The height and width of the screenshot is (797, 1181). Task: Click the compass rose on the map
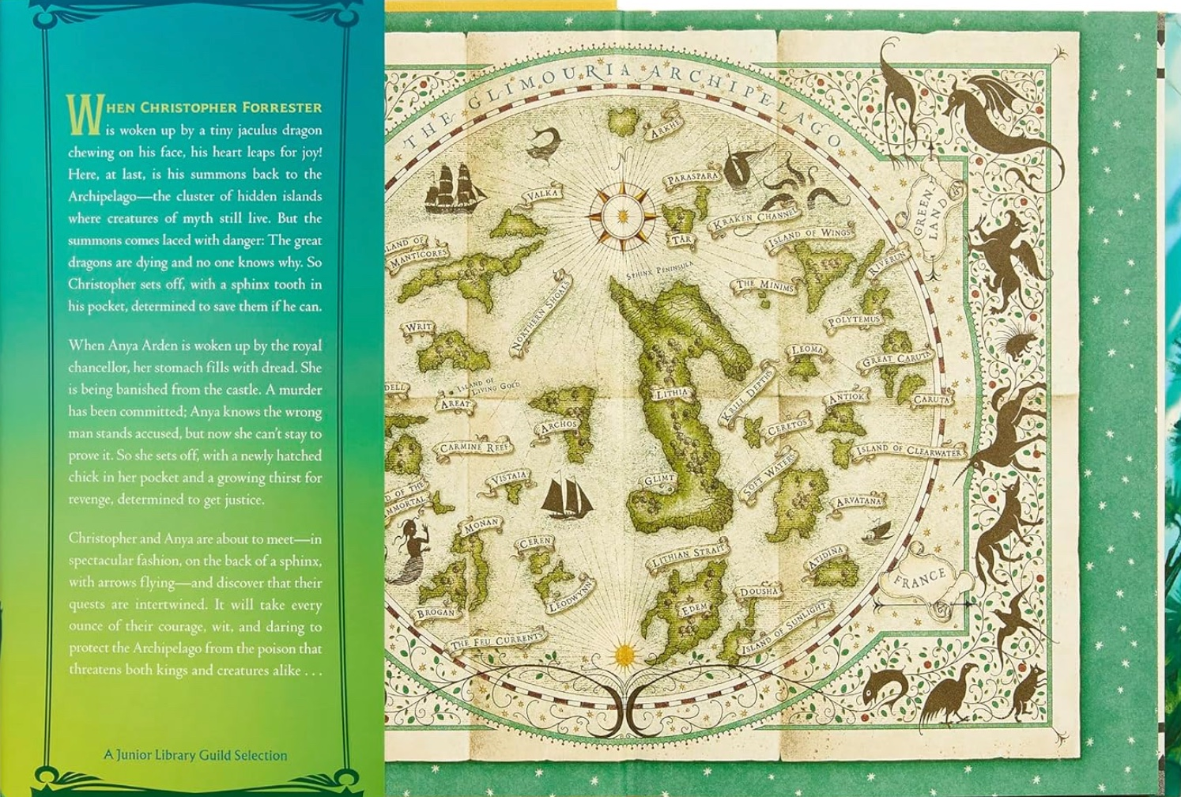point(623,214)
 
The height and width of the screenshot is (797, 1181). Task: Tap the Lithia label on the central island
point(672,392)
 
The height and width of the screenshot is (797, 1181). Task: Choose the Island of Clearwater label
point(909,451)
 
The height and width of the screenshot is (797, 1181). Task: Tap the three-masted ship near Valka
point(454,188)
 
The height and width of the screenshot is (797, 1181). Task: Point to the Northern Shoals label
point(541,312)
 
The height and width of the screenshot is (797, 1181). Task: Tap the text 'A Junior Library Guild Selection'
point(195,755)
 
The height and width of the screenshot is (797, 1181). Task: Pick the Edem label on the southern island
point(695,610)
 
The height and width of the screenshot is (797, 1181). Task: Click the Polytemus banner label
point(853,320)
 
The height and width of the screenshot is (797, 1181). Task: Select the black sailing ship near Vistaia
point(566,496)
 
